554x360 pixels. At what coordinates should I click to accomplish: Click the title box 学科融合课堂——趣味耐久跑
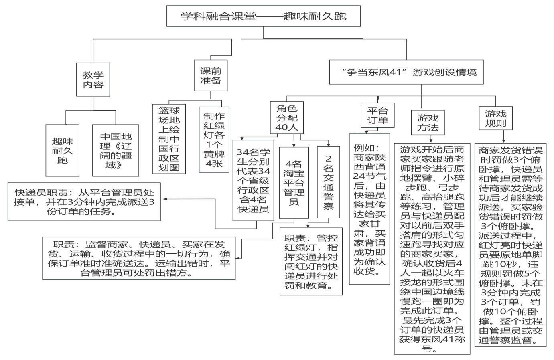tap(263, 16)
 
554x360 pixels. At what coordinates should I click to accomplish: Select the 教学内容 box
tap(93, 79)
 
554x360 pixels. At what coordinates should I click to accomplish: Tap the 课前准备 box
tap(211, 75)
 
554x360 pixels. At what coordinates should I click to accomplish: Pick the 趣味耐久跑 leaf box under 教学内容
tap(62, 150)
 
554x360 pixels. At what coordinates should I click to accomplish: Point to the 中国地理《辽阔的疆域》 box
tap(116, 150)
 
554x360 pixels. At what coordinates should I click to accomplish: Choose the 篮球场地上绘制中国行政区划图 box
tap(169, 139)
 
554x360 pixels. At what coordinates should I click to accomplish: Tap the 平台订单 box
tap(377, 115)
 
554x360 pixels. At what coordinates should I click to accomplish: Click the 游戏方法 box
tap(428, 123)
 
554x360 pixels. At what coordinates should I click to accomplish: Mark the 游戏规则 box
tap(495, 118)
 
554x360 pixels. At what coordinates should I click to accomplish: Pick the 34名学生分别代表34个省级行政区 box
tap(253, 180)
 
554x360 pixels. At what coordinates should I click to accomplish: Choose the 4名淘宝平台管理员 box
tap(294, 183)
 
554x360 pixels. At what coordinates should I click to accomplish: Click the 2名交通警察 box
tap(328, 183)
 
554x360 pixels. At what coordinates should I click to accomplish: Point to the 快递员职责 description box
tap(84, 202)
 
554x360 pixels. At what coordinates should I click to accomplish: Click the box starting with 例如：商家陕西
tap(369, 209)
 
